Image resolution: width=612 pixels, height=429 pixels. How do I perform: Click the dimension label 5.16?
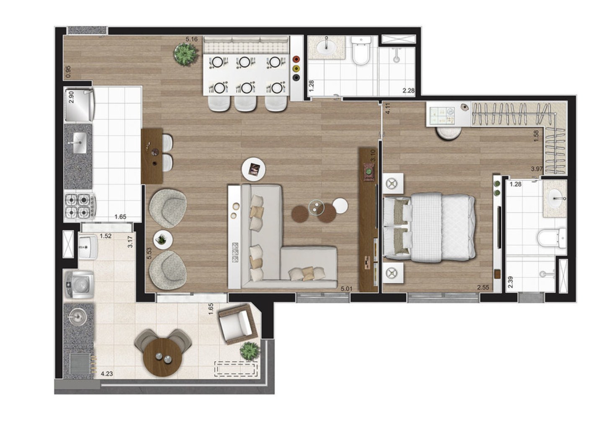(x=191, y=40)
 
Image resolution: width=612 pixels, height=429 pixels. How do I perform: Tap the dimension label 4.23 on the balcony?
(x=106, y=370)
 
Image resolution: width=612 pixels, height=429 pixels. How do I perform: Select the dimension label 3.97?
(x=537, y=169)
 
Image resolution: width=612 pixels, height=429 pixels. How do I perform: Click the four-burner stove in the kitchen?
(x=80, y=205)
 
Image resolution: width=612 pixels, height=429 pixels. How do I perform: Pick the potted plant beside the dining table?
(x=186, y=54)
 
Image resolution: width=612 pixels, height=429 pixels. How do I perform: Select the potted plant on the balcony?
(x=250, y=350)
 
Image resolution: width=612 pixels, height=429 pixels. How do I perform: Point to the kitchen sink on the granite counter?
(x=78, y=142)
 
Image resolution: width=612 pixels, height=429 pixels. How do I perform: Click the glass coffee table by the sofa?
(x=316, y=207)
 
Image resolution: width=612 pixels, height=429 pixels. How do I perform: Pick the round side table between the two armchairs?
(x=163, y=240)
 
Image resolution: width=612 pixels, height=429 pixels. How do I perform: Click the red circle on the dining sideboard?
(x=297, y=59)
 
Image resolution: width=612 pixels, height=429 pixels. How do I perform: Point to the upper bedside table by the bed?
(x=393, y=184)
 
